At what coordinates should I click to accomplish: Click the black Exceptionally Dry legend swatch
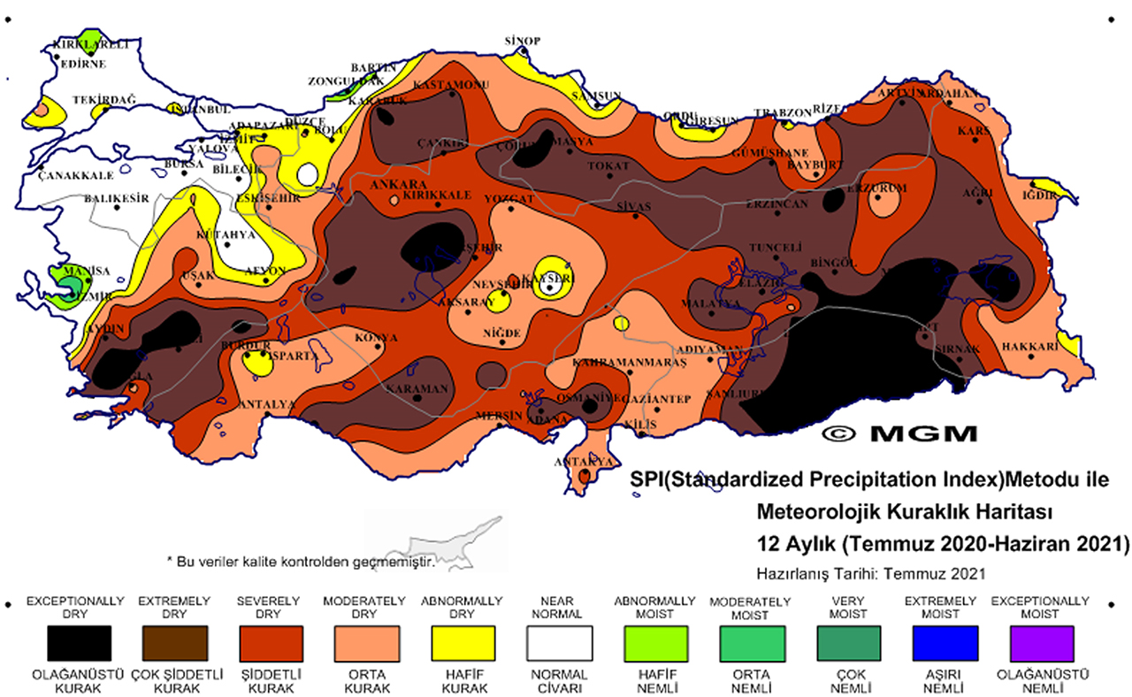point(79,642)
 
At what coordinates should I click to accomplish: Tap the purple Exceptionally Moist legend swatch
point(1041,642)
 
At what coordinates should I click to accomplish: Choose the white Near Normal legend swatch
point(558,642)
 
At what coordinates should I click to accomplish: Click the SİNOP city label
point(522,41)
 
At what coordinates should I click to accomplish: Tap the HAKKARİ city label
point(1030,348)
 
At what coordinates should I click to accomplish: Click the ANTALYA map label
point(268,404)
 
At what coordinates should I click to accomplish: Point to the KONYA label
point(376,338)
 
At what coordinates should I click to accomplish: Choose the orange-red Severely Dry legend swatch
point(270,642)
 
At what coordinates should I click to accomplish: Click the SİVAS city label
point(633,206)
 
